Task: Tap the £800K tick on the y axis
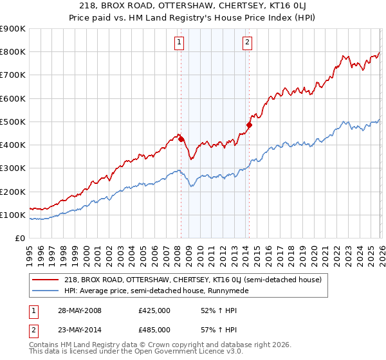[12, 52]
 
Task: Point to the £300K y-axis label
[12, 168]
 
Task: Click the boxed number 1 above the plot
[179, 43]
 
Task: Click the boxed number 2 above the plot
[248, 43]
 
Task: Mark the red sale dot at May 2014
[249, 125]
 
